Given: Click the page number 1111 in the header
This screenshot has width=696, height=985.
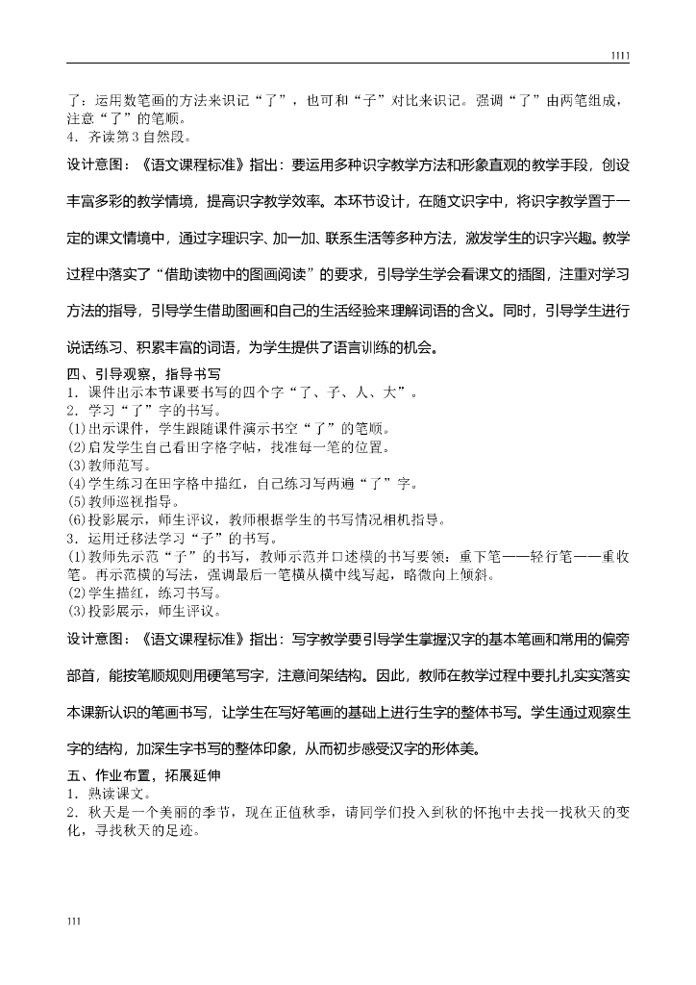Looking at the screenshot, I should click(x=620, y=57).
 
